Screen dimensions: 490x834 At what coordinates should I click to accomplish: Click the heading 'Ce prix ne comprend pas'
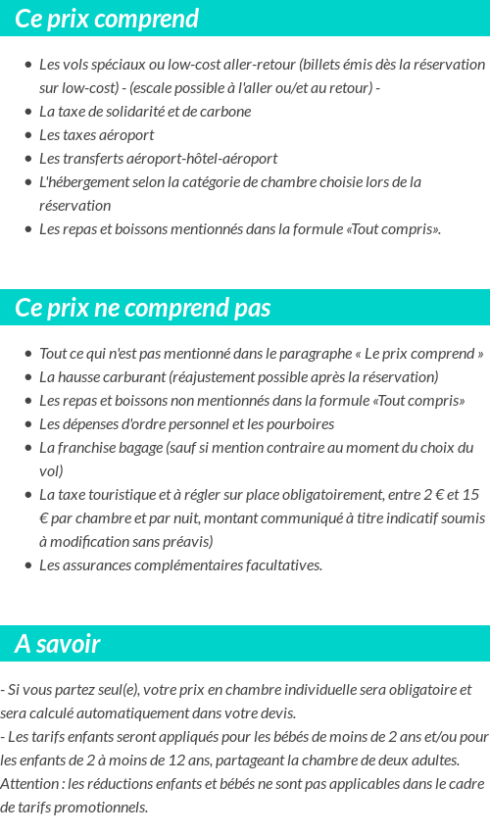[x=142, y=308]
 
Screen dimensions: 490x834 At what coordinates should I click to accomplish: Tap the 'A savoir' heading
[x=57, y=644]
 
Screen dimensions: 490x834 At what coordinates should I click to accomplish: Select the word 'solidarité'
[x=142, y=111]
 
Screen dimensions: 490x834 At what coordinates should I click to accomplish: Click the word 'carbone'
[x=224, y=111]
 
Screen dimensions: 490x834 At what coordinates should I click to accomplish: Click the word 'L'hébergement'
[x=83, y=181]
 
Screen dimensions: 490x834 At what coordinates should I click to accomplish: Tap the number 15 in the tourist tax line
[x=470, y=494]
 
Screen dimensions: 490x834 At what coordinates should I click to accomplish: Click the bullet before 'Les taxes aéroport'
[x=28, y=135]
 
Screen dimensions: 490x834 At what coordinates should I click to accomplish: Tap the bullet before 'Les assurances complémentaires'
[x=28, y=565]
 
